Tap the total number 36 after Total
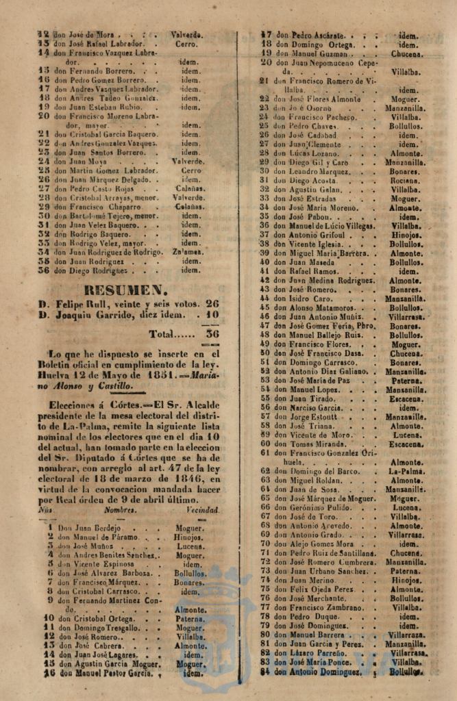pyautogui.click(x=212, y=334)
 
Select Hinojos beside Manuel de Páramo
pyautogui.click(x=189, y=537)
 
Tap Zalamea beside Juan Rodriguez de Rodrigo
pyautogui.click(x=190, y=252)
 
